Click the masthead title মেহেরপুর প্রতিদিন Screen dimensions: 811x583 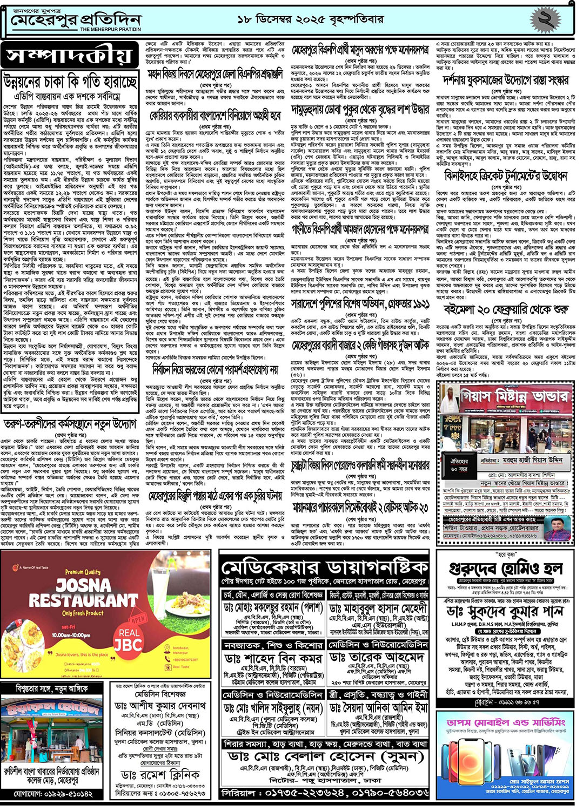pyautogui.click(x=76, y=21)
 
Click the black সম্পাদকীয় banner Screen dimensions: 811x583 pyautogui.click(x=69, y=55)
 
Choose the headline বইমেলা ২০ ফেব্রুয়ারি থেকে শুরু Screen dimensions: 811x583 pyautogui.click(x=506, y=309)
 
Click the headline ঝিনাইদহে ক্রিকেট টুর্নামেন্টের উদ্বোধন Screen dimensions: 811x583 pyautogui.click(x=506, y=176)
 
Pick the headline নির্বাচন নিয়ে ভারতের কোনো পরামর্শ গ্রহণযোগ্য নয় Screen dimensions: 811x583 pyautogui.click(x=215, y=369)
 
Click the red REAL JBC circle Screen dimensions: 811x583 pyautogui.click(x=128, y=638)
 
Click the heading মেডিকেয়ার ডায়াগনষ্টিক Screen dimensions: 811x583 pyautogui.click(x=324, y=568)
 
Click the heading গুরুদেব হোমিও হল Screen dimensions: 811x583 pyautogui.click(x=506, y=569)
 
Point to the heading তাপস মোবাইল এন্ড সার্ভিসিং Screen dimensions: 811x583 pyautogui.click(x=506, y=722)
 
